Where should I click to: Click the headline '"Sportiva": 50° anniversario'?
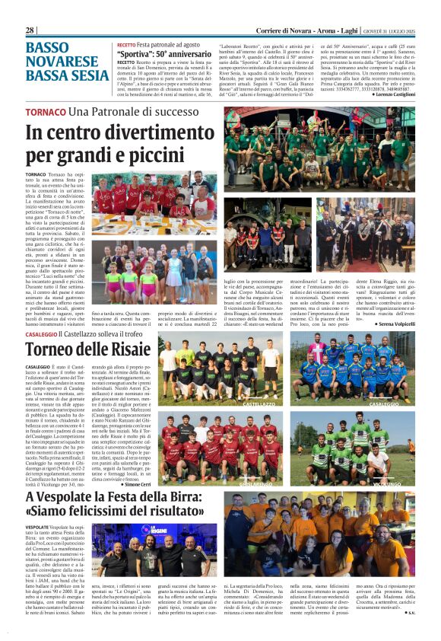tap(161, 56)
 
